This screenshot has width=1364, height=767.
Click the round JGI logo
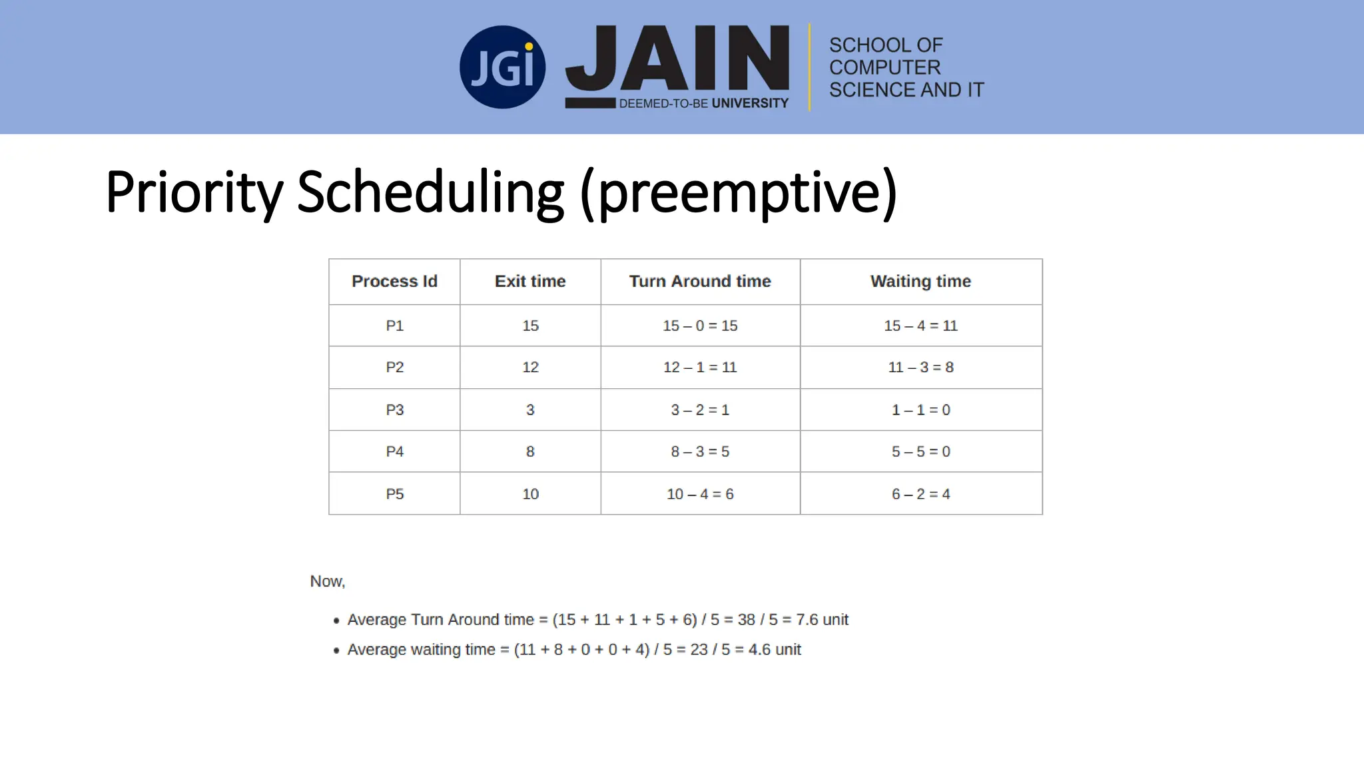pyautogui.click(x=502, y=67)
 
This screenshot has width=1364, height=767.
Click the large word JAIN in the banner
pyautogui.click(x=678, y=59)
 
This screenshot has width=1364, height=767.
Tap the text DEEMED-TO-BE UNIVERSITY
pyautogui.click(x=703, y=104)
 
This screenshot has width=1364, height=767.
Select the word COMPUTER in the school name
pyautogui.click(x=884, y=67)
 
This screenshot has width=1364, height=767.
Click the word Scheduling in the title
pyautogui.click(x=430, y=192)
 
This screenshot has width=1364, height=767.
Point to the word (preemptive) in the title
pyautogui.click(x=738, y=192)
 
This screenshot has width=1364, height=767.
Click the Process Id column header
pyautogui.click(x=394, y=282)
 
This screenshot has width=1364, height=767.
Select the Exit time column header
pyautogui.click(x=530, y=282)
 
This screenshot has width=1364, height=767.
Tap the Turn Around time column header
pyautogui.click(x=700, y=282)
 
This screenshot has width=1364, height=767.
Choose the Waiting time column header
pyautogui.click(x=920, y=282)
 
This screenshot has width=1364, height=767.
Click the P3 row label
pyautogui.click(x=394, y=410)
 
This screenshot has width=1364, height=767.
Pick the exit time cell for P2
pyautogui.click(x=530, y=368)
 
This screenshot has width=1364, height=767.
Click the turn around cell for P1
pyautogui.click(x=700, y=326)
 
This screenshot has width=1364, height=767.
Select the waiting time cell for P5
pyautogui.click(x=920, y=494)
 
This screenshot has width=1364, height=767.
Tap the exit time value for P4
pyautogui.click(x=530, y=452)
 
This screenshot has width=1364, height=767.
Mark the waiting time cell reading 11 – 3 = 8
pyautogui.click(x=920, y=368)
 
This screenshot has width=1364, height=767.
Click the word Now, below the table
pyautogui.click(x=327, y=582)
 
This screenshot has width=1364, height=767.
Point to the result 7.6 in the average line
pyautogui.click(x=807, y=620)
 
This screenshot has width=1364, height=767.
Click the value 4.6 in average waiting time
pyautogui.click(x=759, y=650)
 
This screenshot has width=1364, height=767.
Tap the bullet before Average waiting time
pyautogui.click(x=336, y=650)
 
